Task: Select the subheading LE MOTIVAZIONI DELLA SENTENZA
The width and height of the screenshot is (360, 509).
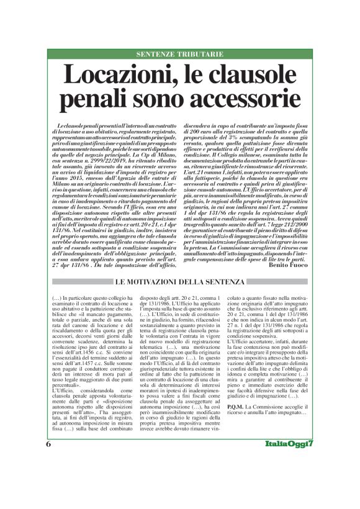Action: click(x=179, y=282)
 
